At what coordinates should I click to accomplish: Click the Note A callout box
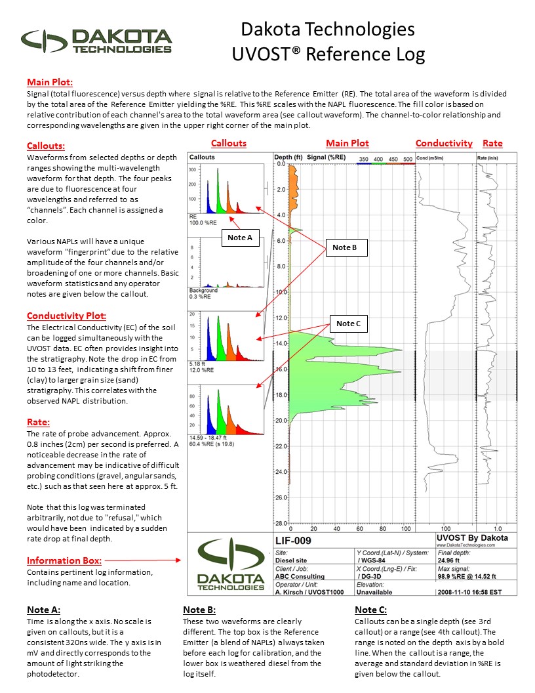coord(240,238)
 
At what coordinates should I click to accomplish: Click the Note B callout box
coord(346,247)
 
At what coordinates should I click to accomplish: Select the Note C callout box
coord(348,324)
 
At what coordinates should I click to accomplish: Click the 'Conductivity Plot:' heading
coord(66,316)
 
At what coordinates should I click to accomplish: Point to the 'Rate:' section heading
coord(38,422)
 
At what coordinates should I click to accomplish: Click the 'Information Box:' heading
coord(64,560)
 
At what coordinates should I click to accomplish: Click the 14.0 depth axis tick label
coord(281,343)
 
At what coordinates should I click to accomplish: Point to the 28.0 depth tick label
coord(281,523)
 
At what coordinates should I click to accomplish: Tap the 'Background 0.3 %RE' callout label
coord(203,293)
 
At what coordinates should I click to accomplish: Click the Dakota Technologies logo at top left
coord(96,41)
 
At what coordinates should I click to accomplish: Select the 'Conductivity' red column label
coord(444,143)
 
